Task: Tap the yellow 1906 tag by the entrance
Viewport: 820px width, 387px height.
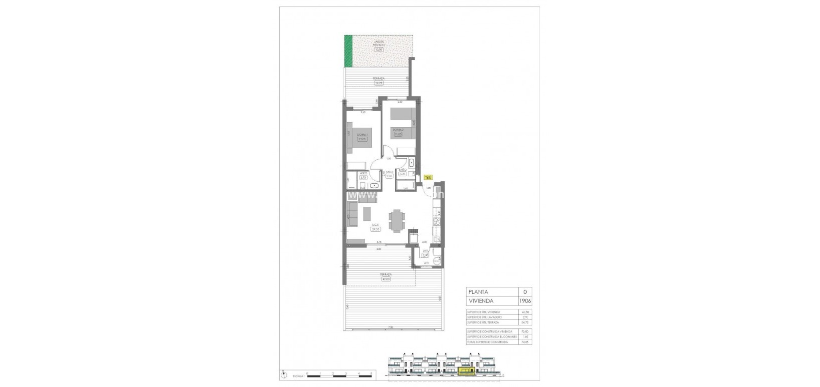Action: [428, 177]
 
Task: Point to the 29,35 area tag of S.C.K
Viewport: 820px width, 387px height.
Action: [375, 229]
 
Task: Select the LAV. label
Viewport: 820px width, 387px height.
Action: [426, 251]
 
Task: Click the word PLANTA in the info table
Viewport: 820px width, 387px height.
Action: [479, 292]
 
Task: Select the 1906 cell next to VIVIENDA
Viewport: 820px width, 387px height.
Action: [525, 301]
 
